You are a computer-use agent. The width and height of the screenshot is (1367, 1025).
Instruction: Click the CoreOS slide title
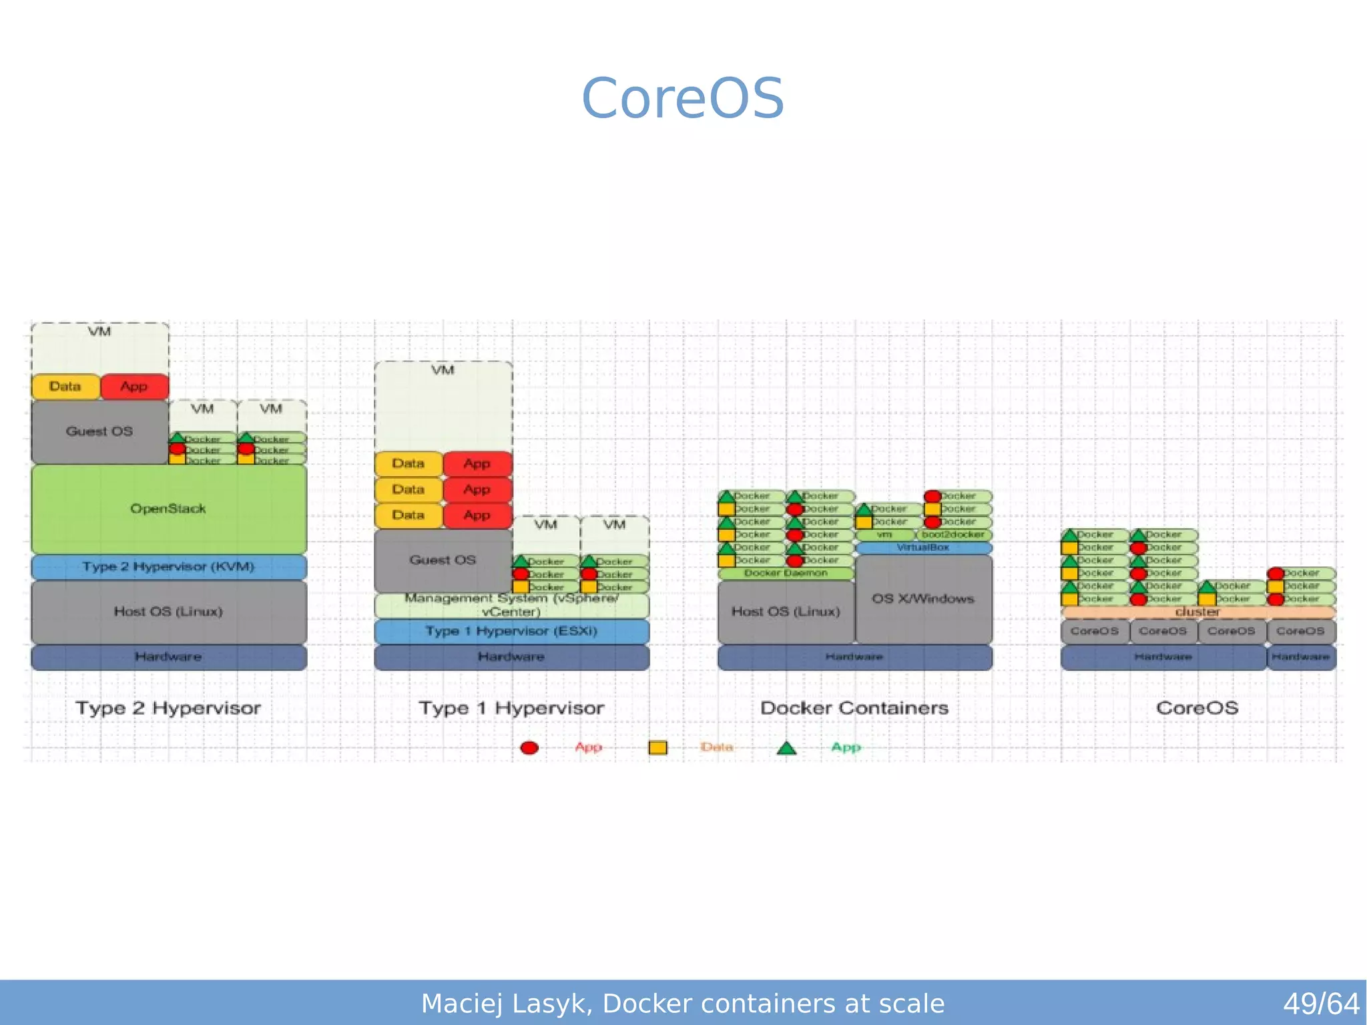point(683,98)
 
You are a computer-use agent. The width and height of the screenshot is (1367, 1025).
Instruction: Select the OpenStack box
point(168,509)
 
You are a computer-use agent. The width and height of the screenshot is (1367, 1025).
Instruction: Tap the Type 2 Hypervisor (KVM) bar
point(168,567)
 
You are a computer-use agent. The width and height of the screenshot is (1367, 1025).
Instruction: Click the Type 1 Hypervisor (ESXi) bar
point(511,632)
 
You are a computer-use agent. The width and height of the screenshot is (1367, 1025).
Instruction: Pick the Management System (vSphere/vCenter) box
point(511,605)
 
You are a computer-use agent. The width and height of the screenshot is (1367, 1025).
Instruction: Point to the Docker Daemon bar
point(786,574)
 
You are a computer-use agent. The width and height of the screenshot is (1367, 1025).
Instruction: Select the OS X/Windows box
point(923,599)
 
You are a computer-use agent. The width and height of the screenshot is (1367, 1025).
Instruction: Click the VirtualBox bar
point(923,548)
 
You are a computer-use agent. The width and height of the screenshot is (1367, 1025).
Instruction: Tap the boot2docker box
point(953,535)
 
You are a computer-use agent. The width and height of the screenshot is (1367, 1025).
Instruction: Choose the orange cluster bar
point(1197,612)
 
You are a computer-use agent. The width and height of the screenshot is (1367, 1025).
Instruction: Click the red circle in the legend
point(529,748)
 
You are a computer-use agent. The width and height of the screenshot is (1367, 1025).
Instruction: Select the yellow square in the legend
point(657,748)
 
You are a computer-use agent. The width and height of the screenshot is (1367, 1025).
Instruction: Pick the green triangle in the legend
point(786,749)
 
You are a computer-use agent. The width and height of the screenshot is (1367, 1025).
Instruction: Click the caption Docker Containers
point(854,708)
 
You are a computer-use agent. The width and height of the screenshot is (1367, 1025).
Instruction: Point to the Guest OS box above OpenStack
point(99,431)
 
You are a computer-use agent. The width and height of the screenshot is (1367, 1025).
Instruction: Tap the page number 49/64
point(1320,1004)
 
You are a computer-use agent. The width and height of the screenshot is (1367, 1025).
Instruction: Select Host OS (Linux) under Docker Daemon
point(786,612)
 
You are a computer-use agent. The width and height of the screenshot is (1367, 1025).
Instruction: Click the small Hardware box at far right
point(1300,657)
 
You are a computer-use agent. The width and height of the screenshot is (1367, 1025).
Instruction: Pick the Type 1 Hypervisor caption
point(511,708)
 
